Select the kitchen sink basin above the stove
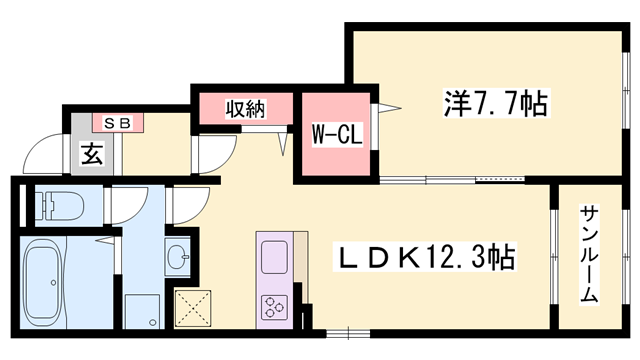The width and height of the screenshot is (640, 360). (x=274, y=257)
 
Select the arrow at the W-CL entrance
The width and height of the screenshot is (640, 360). (x=391, y=106)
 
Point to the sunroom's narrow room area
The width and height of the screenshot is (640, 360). (x=589, y=255)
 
